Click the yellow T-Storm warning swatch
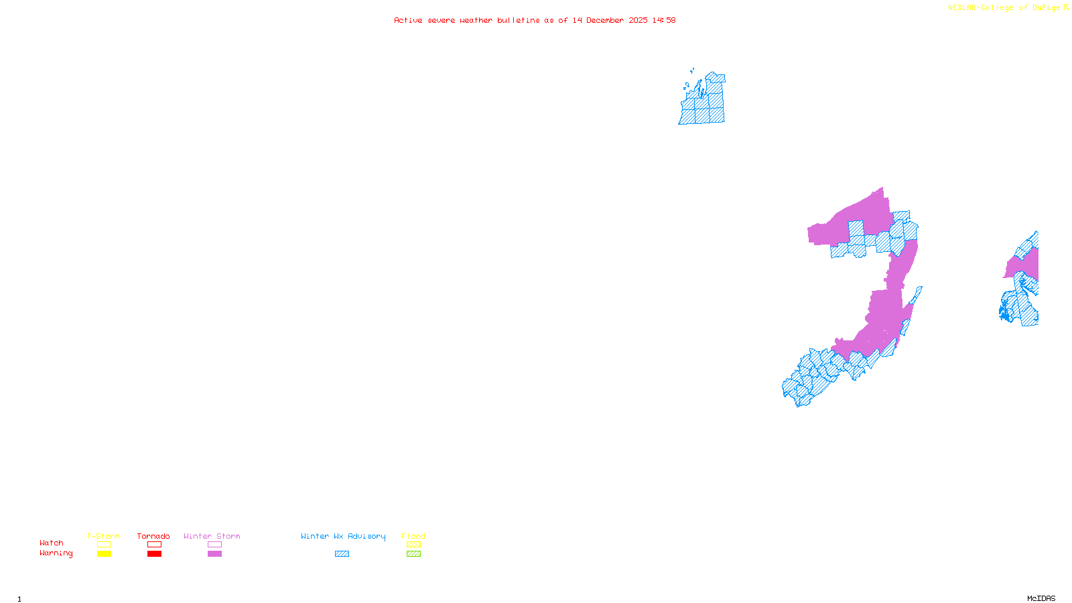point(104,554)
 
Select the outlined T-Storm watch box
point(104,545)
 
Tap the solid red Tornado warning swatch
point(154,554)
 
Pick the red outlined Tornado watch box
point(154,545)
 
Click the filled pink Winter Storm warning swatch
point(214,554)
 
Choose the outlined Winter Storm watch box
point(214,545)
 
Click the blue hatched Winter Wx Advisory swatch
point(342,554)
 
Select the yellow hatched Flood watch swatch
point(413,545)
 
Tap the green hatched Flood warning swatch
point(413,554)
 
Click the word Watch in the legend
point(52,543)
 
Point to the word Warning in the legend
point(56,553)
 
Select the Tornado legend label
point(153,536)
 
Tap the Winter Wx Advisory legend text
point(343,536)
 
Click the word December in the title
point(605,20)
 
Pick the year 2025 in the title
point(638,20)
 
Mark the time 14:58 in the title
point(664,20)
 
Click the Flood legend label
point(413,536)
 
